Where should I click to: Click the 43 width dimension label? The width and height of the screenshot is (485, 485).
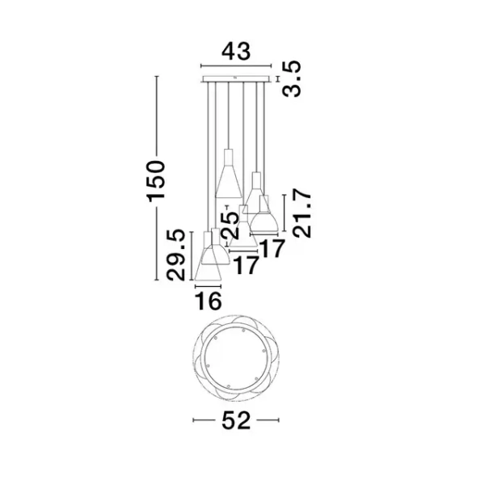(x=236, y=52)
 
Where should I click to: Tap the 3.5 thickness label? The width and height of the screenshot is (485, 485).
(x=292, y=79)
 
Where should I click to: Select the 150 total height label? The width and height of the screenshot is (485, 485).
(x=156, y=181)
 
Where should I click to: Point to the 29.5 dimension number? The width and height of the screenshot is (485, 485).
(x=175, y=255)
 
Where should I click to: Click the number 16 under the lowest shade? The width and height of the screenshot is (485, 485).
(x=209, y=301)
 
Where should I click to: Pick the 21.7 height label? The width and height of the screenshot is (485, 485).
(x=302, y=214)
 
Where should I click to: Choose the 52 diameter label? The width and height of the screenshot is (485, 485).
(x=236, y=420)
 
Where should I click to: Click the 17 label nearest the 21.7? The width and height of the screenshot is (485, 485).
(x=272, y=248)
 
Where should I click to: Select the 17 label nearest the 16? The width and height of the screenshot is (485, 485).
(x=246, y=265)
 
